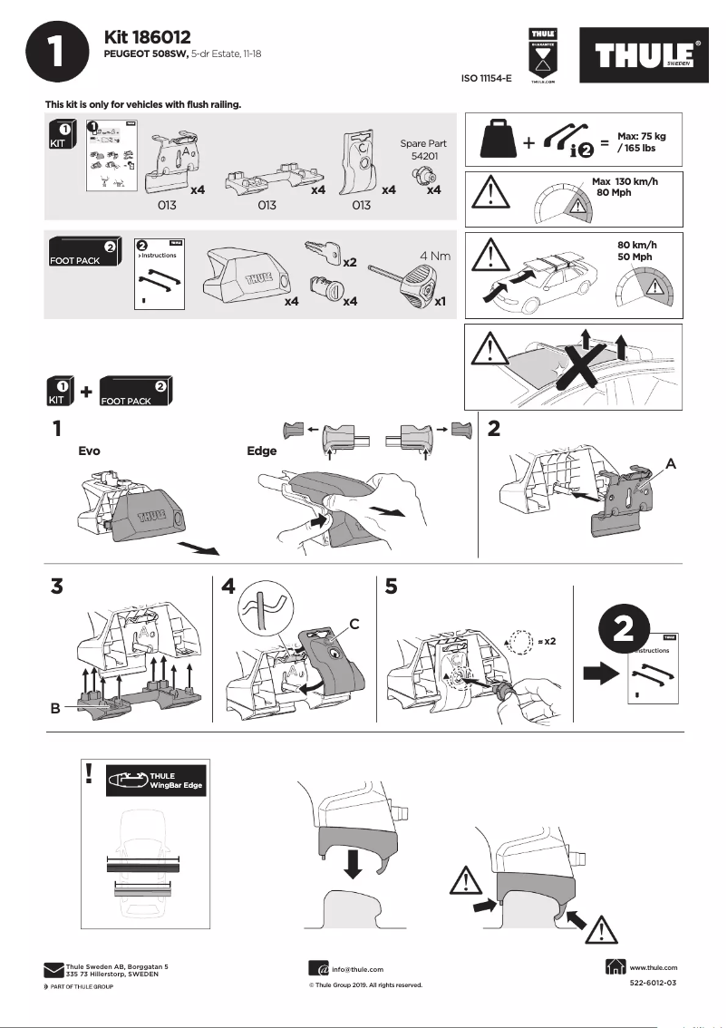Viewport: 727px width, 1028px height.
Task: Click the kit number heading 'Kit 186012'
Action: coord(147,37)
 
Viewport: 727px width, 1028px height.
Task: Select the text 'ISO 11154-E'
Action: coord(487,79)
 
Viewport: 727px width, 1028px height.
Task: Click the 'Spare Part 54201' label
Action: coord(423,150)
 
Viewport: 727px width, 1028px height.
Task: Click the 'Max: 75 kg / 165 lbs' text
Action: coord(642,141)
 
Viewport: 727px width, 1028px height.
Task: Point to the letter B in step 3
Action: coord(55,709)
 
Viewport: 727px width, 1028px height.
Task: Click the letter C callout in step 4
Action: coord(354,624)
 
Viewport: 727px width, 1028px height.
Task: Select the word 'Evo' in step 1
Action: coord(89,450)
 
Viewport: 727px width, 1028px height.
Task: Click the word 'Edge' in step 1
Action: coord(262,450)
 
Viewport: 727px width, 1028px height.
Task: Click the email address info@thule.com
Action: coord(357,969)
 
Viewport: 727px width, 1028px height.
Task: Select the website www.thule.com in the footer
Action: coord(653,968)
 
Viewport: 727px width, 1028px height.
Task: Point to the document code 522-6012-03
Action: coord(653,984)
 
